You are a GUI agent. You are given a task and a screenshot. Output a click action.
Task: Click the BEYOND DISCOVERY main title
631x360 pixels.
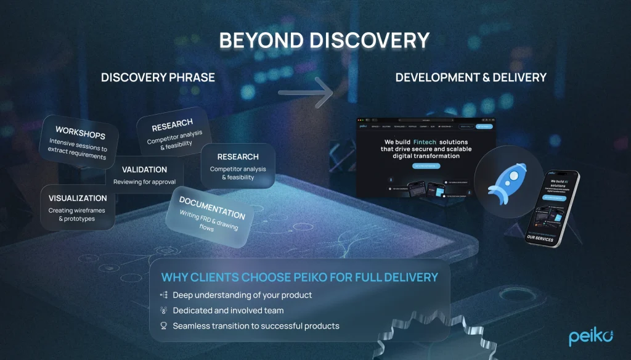pos(324,41)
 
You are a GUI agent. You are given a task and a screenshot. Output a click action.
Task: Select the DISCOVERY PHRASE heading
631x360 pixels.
pos(158,78)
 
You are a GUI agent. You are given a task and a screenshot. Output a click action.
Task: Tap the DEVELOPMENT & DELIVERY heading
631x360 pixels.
pos(471,78)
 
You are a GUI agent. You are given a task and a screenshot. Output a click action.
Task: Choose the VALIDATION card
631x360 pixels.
pos(144,175)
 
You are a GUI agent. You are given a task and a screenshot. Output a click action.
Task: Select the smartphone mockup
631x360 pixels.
pos(552,208)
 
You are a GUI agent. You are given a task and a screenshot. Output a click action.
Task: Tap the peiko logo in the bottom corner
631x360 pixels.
pos(590,337)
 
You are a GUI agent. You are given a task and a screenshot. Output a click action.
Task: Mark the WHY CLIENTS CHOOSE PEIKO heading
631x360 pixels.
pos(299,277)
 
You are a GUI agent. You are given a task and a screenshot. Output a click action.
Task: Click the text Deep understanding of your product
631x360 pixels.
pos(242,295)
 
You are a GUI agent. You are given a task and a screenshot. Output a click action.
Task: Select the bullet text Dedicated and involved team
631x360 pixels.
pos(228,311)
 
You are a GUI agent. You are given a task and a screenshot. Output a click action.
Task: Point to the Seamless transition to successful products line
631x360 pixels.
pos(256,325)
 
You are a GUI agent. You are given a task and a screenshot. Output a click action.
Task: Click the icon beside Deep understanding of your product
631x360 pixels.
pos(164,295)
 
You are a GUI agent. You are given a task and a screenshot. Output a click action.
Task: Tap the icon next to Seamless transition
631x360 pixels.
pos(164,325)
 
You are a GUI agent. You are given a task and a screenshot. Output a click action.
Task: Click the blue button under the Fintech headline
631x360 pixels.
pos(426,166)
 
